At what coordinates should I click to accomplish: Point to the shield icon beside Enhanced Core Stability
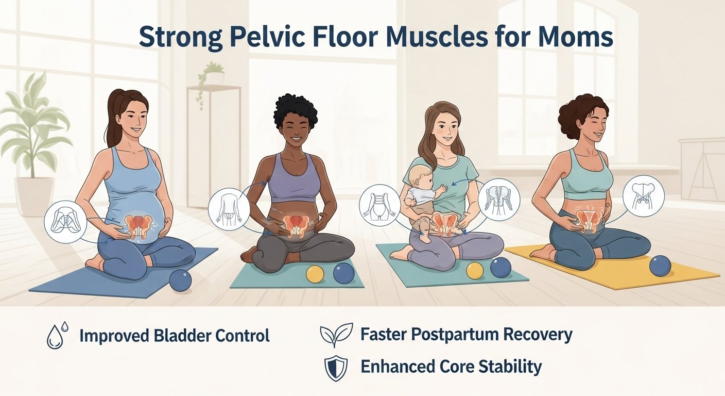click(336, 369)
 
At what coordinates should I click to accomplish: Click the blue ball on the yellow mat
click(660, 266)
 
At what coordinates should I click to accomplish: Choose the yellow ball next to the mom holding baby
click(474, 270)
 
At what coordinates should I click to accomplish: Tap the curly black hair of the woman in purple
click(296, 109)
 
